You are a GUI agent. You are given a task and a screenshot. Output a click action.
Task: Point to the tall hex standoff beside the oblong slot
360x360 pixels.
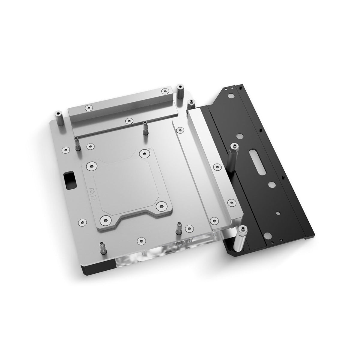[x=233, y=156]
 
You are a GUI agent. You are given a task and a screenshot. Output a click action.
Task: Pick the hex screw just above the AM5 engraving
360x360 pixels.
[x=91, y=166]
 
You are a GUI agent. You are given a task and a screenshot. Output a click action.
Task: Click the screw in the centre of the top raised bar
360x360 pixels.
[x=128, y=121]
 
